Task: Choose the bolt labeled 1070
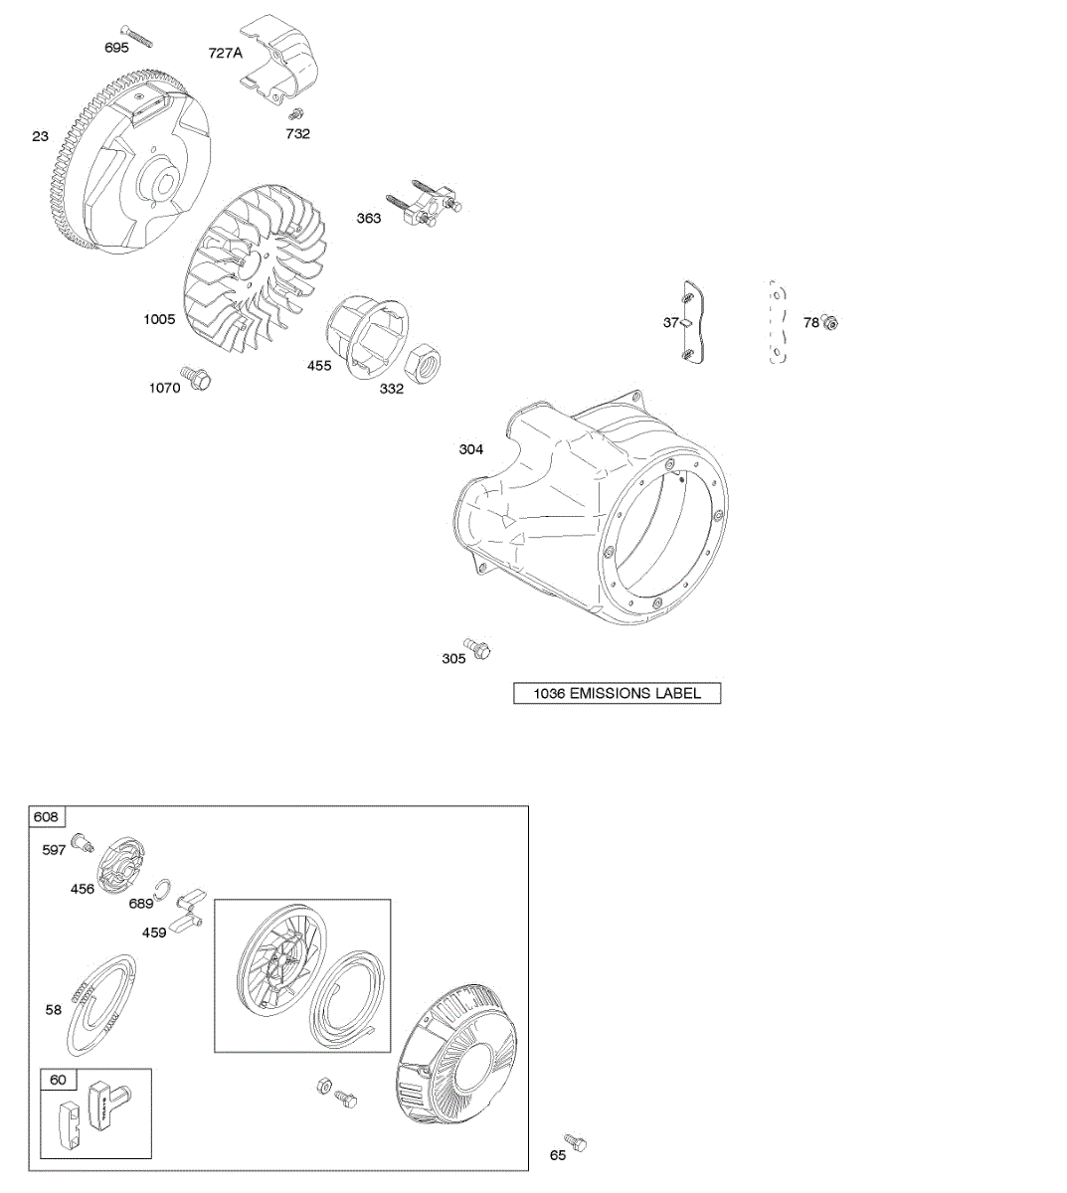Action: tap(199, 378)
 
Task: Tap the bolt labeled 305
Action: tap(478, 650)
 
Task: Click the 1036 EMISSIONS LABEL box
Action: tap(617, 694)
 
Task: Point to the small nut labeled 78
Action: tap(832, 321)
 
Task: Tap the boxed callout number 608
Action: tap(47, 817)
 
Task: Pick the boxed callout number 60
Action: tap(58, 1080)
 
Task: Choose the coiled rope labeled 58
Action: tap(102, 1005)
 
